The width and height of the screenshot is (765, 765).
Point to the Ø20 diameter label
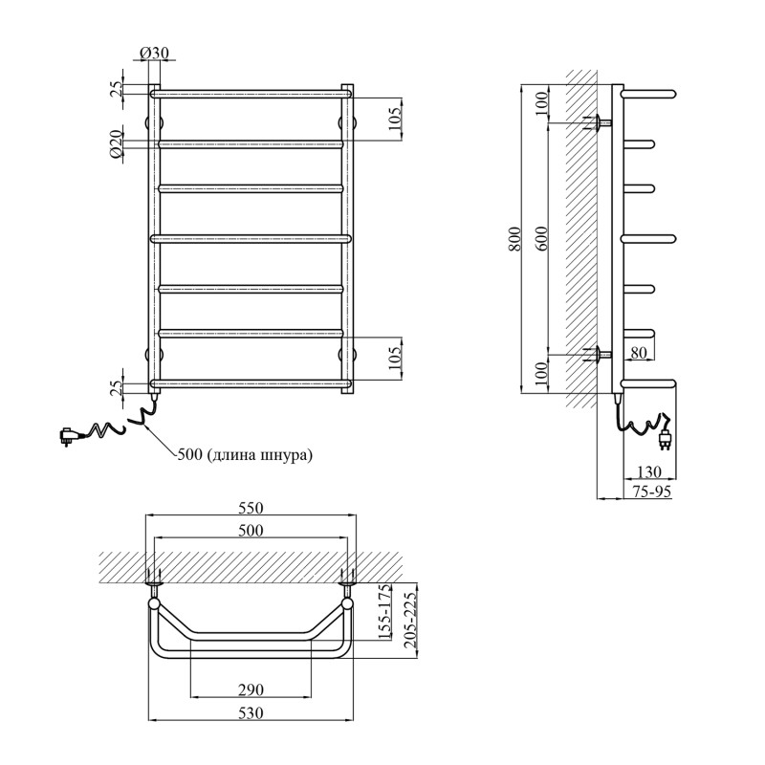point(116,145)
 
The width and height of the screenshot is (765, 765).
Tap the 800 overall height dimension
point(515,239)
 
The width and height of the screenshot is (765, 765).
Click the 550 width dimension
point(251,508)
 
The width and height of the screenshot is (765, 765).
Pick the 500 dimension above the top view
point(251,531)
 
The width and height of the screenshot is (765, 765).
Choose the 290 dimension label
point(251,689)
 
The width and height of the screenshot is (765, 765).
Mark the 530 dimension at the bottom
point(251,713)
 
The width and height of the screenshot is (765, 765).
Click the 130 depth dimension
point(649,471)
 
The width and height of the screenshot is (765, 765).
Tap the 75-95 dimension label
point(652,492)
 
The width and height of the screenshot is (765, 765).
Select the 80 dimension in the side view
point(638,352)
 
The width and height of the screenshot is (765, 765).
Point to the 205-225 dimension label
point(410,620)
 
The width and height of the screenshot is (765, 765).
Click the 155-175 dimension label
point(385,612)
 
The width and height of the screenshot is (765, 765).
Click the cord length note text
point(245,456)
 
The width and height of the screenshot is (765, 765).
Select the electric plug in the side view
point(666,438)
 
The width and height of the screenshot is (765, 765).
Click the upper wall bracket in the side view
point(599,122)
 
